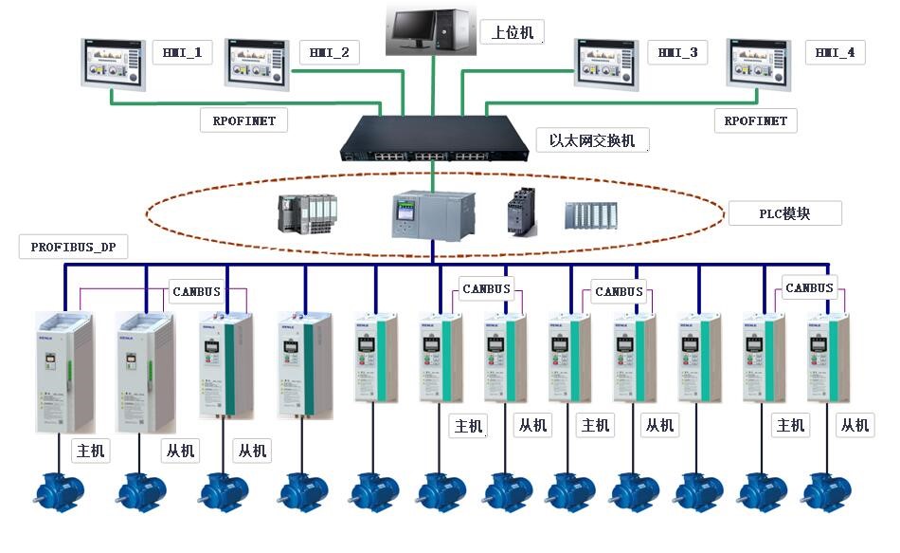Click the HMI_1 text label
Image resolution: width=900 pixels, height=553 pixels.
point(183,52)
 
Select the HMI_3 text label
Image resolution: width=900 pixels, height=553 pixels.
point(677,53)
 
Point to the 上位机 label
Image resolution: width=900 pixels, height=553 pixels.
point(513,32)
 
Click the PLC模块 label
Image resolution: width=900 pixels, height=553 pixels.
point(784,213)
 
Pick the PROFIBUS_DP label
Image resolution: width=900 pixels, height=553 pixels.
point(73,247)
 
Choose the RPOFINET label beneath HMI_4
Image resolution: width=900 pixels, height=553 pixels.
point(755,120)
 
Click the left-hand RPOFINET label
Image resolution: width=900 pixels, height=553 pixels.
point(243,120)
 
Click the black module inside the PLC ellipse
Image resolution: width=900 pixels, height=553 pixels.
point(521,211)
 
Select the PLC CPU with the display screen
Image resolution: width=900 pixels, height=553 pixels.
point(433,214)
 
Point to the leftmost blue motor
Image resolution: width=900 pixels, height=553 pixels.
point(59,492)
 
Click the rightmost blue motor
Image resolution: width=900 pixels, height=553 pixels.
point(825,492)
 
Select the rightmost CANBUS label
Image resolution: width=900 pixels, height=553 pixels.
point(809,287)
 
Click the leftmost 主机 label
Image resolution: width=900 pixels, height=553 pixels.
point(91,450)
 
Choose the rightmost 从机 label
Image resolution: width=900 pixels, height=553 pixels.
point(855,425)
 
